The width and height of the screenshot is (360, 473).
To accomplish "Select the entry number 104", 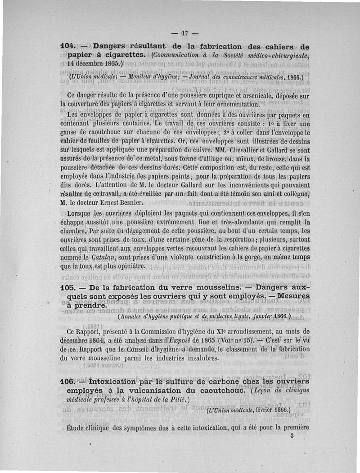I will tap(66, 46).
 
